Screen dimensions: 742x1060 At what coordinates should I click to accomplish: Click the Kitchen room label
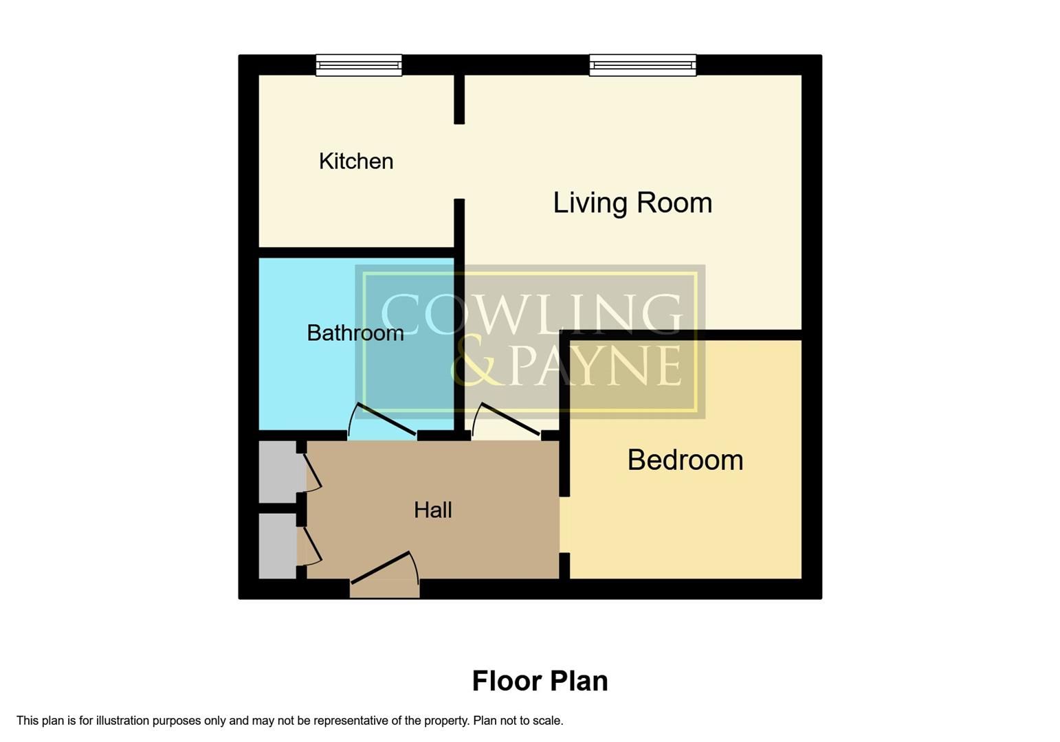coord(356,161)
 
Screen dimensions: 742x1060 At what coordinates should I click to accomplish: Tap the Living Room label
coord(632,203)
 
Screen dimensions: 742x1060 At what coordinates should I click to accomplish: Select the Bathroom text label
coord(355,333)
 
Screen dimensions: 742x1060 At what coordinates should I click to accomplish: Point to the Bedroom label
coord(685,460)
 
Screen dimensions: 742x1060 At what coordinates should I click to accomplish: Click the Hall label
coord(432,510)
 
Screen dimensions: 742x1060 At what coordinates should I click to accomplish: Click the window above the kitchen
coord(359,65)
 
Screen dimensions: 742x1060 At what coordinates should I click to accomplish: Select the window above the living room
coord(643,65)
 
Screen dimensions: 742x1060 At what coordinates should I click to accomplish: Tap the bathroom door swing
coord(384,419)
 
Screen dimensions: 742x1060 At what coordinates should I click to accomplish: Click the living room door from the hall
coord(507,420)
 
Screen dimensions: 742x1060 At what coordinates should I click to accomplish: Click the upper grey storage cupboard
coord(277,472)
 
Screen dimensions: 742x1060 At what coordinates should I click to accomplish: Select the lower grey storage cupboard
coord(277,546)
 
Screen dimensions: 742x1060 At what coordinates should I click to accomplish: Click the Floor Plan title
coord(540,681)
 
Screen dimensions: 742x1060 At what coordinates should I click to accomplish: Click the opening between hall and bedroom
coord(564,524)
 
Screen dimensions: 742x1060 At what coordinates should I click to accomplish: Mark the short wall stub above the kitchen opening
coord(459,99)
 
